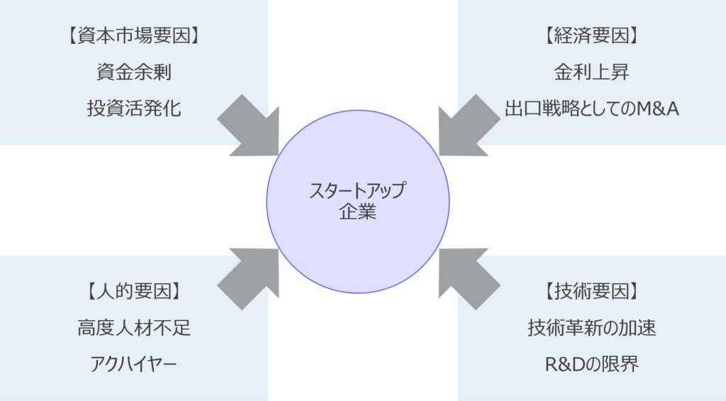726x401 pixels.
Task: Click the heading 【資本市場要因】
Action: pos(134,36)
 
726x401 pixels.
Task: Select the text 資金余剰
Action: pos(134,72)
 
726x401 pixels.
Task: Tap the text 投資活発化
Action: pos(134,109)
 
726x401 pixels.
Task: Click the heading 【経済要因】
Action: pos(591,36)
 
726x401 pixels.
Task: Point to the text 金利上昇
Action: pos(591,72)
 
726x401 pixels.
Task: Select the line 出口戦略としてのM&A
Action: pos(591,109)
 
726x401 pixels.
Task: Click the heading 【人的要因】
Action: pos(134,291)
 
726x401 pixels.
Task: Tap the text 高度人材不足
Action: pos(134,328)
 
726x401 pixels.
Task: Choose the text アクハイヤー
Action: pos(134,364)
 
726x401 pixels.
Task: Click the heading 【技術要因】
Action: pos(591,291)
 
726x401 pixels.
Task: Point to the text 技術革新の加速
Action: pos(591,328)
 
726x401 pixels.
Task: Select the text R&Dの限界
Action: pos(591,364)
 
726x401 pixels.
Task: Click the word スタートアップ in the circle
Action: pos(358,191)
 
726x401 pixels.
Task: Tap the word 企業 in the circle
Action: pos(358,212)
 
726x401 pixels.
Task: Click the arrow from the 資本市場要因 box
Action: pos(249,126)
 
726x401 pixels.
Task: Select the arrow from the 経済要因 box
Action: pos(468,126)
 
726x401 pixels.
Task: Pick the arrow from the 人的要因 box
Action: pos(249,275)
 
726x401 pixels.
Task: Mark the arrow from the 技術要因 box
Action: pos(468,275)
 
